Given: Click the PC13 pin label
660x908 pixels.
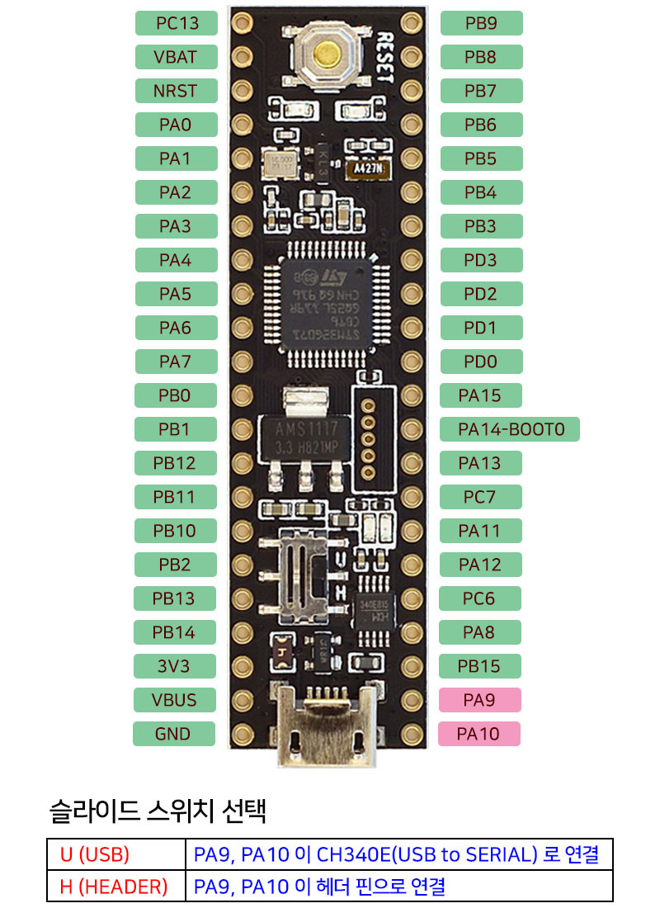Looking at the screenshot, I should tap(177, 23).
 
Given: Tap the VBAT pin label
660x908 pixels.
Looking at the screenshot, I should tap(175, 57).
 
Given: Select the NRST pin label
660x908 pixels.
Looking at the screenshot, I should tap(175, 91).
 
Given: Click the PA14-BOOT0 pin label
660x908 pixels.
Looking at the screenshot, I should tap(511, 429).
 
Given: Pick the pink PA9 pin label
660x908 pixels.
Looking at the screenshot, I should tap(479, 700).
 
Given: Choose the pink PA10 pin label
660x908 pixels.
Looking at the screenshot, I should tap(478, 734).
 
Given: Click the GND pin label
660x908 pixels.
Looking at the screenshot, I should tap(173, 734).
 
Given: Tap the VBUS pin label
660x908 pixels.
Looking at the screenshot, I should tap(174, 700).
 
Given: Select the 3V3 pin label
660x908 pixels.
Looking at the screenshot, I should tap(174, 666).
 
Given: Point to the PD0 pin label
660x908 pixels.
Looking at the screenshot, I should tap(480, 362).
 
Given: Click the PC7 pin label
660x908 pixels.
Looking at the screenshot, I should tap(480, 497).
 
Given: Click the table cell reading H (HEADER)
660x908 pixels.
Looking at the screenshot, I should tap(115, 887).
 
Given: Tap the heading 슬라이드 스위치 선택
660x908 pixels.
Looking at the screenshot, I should tap(158, 811).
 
